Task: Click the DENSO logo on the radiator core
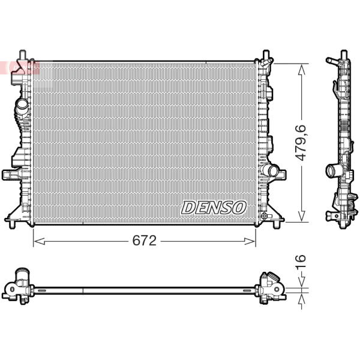(214, 208)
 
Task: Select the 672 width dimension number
(145, 241)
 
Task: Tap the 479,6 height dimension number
(301, 143)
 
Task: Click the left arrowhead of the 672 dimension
(39, 241)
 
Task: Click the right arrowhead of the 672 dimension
(250, 241)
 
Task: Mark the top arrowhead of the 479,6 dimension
(301, 70)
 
